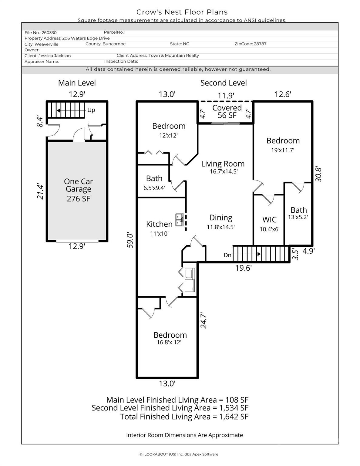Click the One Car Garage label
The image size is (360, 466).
pos(78,189)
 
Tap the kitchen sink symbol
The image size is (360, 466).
pos(179,220)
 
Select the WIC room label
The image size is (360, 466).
pos(269,220)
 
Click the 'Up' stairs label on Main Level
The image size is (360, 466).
pos(91,110)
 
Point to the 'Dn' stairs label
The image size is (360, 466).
pos(227,255)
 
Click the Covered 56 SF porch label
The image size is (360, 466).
pos(227,111)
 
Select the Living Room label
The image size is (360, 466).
pos(223,164)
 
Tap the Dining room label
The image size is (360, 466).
pos(221,218)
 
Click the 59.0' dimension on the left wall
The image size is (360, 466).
pos(130,240)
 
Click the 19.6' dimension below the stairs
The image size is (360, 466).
pos(243,268)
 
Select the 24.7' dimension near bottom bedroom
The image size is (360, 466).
pos(204,321)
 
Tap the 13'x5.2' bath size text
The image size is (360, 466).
pos(298,217)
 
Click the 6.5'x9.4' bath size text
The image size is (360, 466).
pos(154,188)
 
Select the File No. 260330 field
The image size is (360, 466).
pos(41,32)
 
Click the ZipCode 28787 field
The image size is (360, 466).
pos(250,44)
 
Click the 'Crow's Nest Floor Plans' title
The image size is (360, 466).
pos(182,12)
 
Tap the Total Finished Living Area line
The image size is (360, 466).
pos(184,417)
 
